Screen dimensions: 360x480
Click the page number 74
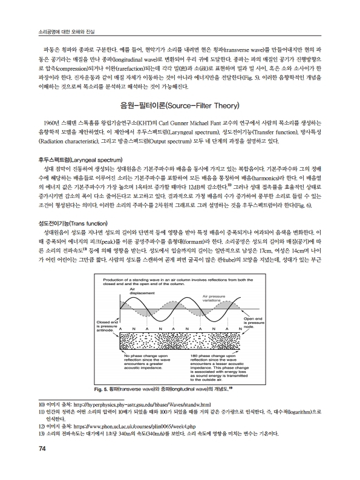25,465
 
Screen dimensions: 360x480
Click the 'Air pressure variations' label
215,298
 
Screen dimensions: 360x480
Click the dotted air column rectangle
178,342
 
